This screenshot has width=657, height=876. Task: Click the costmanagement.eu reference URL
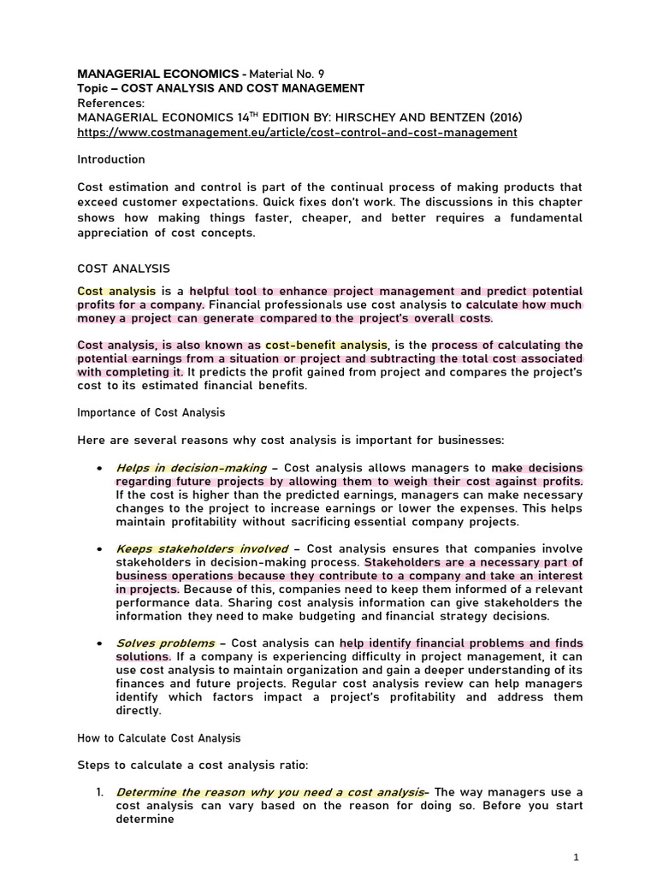(297, 133)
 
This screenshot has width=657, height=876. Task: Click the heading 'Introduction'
(111, 159)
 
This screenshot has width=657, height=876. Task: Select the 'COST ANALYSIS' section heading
(123, 269)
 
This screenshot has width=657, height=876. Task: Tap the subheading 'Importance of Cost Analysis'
(151, 412)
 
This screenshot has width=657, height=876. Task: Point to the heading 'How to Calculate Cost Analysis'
(159, 737)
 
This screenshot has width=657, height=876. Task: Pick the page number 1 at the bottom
(576, 856)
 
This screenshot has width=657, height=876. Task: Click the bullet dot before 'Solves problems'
(101, 643)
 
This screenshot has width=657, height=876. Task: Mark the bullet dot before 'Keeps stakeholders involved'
(101, 549)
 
